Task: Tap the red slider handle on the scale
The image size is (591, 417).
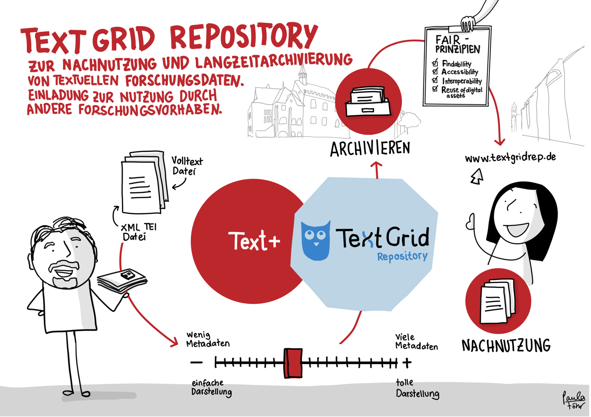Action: (292, 363)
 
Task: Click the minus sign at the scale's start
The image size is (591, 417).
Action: (197, 363)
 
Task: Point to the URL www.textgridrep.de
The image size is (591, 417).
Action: (510, 159)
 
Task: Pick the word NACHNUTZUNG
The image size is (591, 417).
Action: (506, 345)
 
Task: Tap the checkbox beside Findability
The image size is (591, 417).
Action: (435, 63)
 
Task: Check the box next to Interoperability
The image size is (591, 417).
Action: (435, 80)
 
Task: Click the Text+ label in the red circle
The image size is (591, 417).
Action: (254, 241)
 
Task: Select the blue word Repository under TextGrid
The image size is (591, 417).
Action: (402, 257)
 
